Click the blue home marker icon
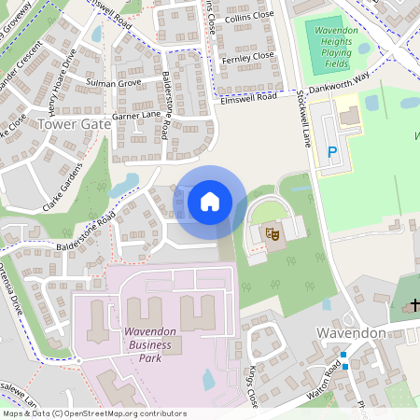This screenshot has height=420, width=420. click(210, 202)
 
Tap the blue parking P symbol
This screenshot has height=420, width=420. click(331, 152)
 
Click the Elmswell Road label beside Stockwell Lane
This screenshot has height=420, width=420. click(251, 96)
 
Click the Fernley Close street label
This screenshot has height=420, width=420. click(248, 55)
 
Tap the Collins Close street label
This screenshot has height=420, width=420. click(248, 16)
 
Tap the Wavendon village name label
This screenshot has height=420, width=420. click(351, 333)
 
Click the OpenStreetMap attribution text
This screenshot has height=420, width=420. click(93, 413)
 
